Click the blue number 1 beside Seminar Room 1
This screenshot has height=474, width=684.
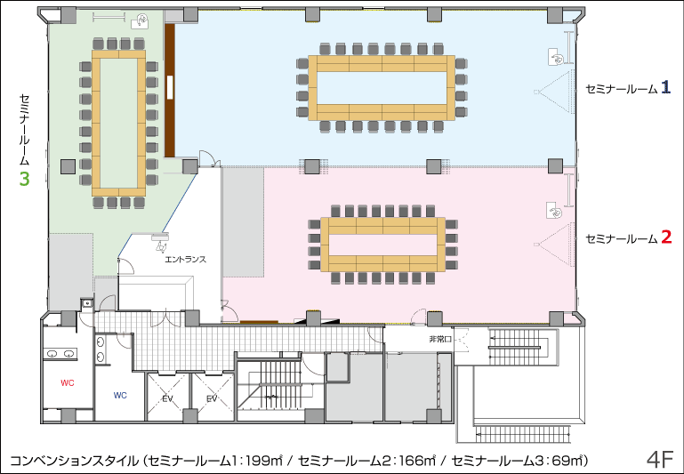[x=665, y=88]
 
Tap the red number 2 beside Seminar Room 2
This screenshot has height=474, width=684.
[x=666, y=237]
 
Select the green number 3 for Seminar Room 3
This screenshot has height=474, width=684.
[x=24, y=179]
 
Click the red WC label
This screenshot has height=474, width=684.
[x=68, y=383]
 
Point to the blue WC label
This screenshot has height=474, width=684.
[x=120, y=396]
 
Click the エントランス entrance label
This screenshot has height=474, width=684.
[x=185, y=260]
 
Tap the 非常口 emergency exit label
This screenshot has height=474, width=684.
[x=439, y=339]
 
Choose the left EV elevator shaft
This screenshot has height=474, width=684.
[x=167, y=398]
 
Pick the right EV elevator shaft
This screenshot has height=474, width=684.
[x=212, y=398]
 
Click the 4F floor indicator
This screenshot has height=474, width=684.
[x=661, y=459]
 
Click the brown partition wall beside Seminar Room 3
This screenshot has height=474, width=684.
[x=170, y=91]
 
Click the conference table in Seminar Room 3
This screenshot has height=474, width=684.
[x=118, y=123]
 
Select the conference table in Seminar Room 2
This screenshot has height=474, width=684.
[x=382, y=245]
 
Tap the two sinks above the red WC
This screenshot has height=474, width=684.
[x=60, y=354]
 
